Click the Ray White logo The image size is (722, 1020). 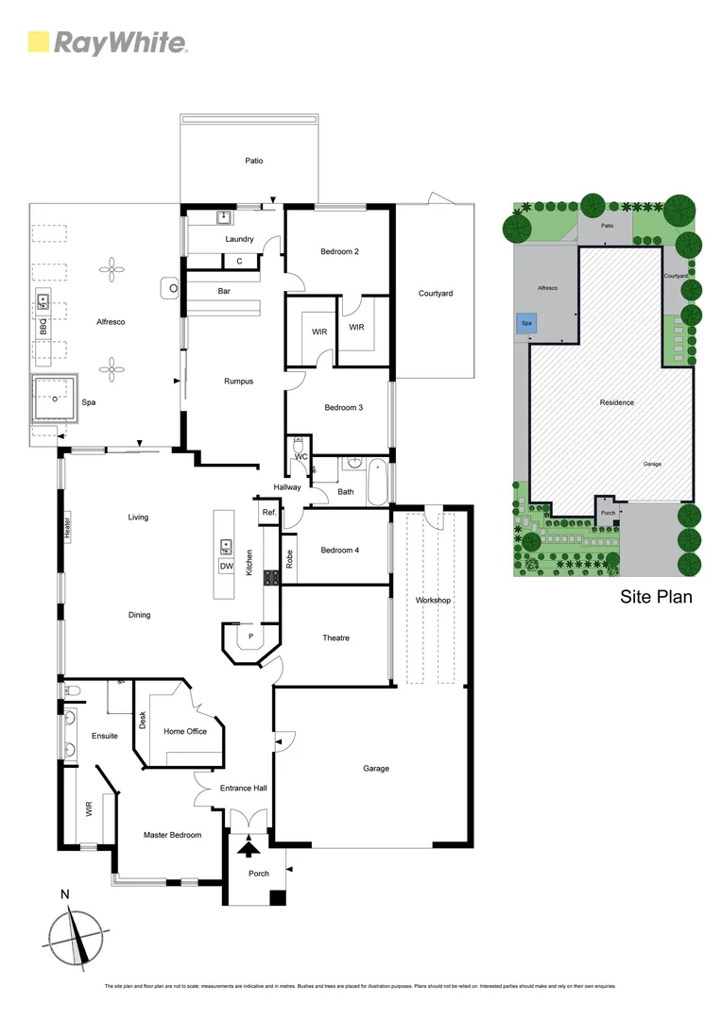click(107, 42)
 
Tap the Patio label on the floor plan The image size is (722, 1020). click(253, 161)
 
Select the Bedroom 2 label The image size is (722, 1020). click(339, 251)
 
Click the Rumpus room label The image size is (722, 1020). click(238, 382)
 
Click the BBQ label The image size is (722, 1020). click(43, 327)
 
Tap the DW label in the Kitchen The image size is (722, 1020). click(226, 566)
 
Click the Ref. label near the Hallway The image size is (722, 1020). click(268, 513)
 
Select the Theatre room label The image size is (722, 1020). click(335, 637)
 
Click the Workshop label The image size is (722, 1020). click(434, 601)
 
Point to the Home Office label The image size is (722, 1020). click(185, 731)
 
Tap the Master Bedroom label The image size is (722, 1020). click(172, 835)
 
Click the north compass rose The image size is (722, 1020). click(74, 937)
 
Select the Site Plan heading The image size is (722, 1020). click(656, 596)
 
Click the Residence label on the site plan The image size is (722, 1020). click(616, 402)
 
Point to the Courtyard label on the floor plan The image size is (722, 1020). click(435, 293)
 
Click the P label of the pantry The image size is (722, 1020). click(250, 637)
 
